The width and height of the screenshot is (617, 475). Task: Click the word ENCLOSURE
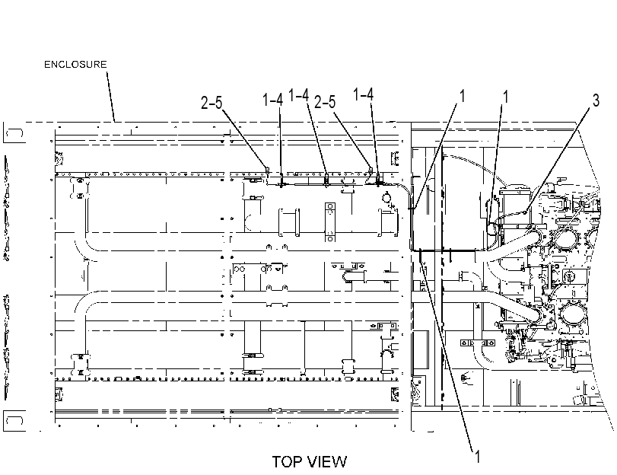tap(75, 64)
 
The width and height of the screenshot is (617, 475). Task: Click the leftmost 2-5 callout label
tap(211, 103)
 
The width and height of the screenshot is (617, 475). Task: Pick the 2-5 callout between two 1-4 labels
tap(325, 101)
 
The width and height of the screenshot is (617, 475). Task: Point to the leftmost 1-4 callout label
tap(272, 100)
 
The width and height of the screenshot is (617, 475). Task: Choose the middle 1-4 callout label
tap(299, 95)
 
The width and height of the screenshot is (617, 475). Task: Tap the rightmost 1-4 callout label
tap(363, 94)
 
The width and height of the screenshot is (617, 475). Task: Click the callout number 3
tap(596, 100)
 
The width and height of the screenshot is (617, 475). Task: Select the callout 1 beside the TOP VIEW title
tap(477, 457)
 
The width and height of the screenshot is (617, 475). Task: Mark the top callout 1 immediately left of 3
tap(506, 97)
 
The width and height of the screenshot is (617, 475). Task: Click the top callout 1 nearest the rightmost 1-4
tap(462, 96)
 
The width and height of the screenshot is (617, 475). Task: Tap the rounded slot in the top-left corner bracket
tap(15, 133)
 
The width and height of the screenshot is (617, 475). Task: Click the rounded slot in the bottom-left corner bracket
tap(15, 421)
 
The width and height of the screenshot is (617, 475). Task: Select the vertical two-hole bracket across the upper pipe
tap(329, 222)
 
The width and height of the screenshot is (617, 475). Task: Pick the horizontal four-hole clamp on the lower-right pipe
tap(478, 343)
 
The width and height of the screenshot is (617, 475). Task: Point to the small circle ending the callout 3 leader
tap(525, 212)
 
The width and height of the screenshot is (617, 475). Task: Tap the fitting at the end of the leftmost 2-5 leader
tap(268, 170)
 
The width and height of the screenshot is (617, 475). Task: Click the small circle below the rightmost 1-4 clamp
tap(386, 196)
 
